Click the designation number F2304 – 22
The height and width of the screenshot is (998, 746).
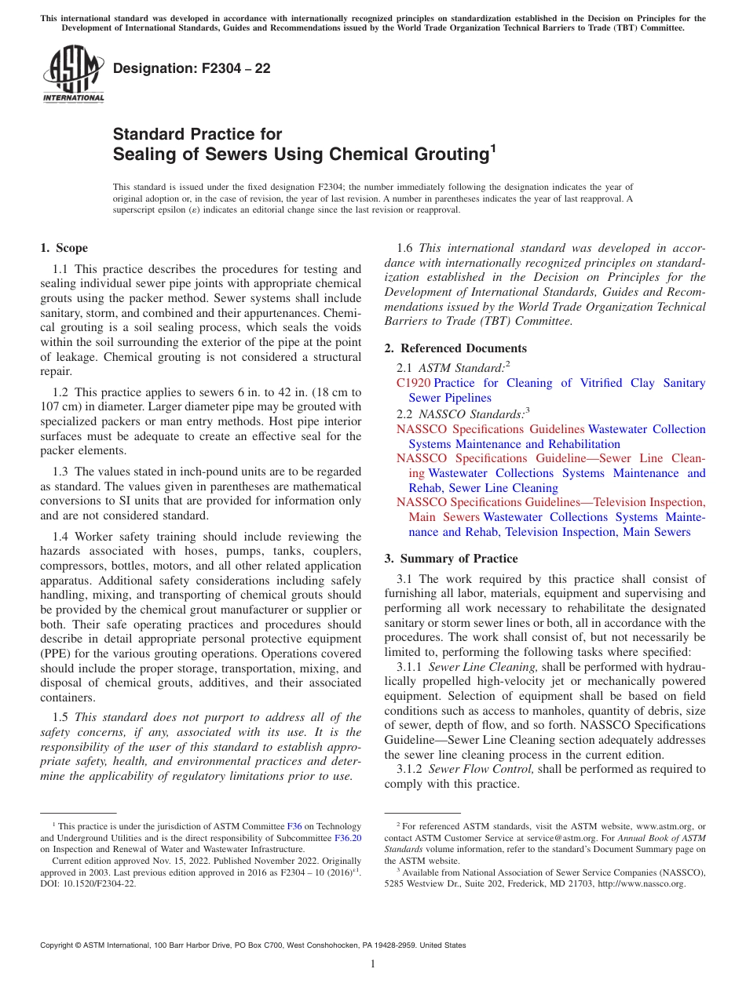(192, 69)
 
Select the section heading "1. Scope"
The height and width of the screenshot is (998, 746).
(64, 248)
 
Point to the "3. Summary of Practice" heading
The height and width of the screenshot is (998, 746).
(451, 559)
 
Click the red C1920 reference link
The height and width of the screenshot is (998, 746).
(413, 383)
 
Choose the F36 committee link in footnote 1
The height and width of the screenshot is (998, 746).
(294, 826)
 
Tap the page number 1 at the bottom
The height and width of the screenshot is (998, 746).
(373, 963)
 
